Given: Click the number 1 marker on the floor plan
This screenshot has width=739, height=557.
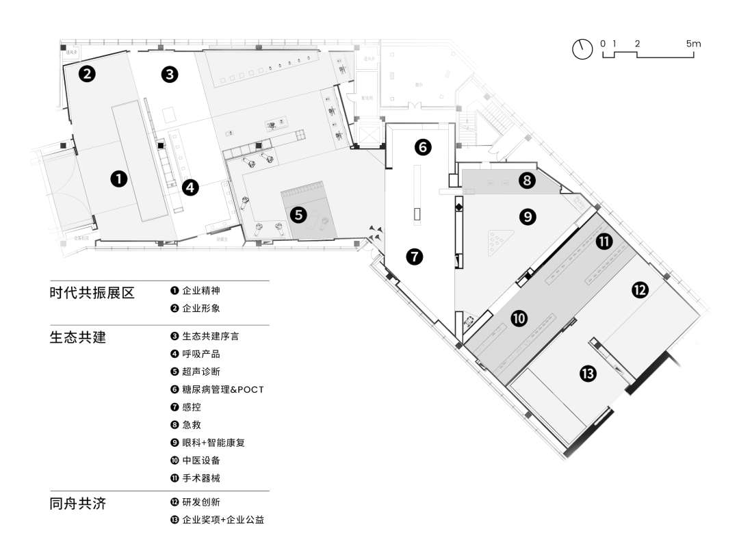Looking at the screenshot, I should (119, 179).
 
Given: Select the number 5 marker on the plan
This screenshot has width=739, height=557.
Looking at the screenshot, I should (298, 214).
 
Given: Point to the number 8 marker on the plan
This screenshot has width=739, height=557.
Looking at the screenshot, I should (526, 181).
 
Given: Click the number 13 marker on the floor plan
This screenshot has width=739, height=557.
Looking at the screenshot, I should (587, 374).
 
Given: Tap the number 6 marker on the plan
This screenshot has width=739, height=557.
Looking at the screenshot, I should (423, 147).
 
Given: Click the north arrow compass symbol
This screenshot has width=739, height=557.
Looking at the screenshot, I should (582, 49).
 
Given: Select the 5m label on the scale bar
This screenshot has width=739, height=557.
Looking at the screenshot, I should (692, 44).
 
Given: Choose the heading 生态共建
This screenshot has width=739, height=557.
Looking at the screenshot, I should (78, 337).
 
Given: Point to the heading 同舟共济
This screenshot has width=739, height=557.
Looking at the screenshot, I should (78, 504).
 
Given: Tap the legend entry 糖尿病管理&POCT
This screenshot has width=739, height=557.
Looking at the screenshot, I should (222, 389).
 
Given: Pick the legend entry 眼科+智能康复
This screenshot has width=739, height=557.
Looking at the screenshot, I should (213, 443).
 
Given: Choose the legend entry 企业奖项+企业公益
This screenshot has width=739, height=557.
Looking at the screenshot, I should (222, 521).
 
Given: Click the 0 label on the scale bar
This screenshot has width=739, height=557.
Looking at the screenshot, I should (603, 44).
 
